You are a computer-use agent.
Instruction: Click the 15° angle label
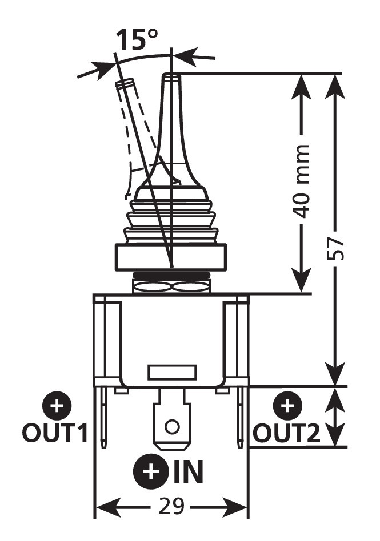(x=137, y=40)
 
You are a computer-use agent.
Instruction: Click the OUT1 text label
(x=55, y=433)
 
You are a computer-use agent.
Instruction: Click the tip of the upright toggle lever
(x=170, y=76)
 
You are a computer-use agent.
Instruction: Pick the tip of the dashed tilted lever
(x=125, y=84)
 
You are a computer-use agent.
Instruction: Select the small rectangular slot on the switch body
(x=172, y=372)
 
